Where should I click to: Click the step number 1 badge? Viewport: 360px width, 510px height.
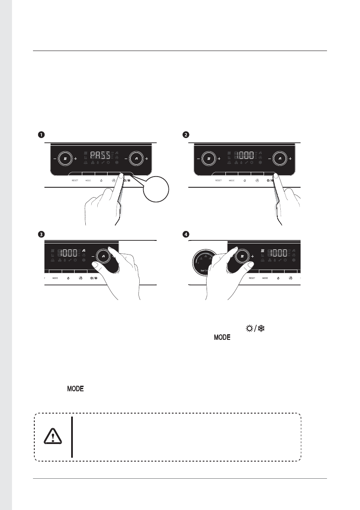[x=41, y=135]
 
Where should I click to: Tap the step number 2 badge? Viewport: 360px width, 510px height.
[x=185, y=135]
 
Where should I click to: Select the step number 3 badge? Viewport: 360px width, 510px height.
[x=41, y=234]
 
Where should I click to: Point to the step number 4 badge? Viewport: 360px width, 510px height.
[x=185, y=234]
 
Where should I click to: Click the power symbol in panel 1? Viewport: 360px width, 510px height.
[x=100, y=181]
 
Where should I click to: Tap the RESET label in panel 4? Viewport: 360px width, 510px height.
[x=252, y=278]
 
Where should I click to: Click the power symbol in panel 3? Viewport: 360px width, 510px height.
[x=68, y=278]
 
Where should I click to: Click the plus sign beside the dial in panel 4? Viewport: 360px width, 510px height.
[x=252, y=256]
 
